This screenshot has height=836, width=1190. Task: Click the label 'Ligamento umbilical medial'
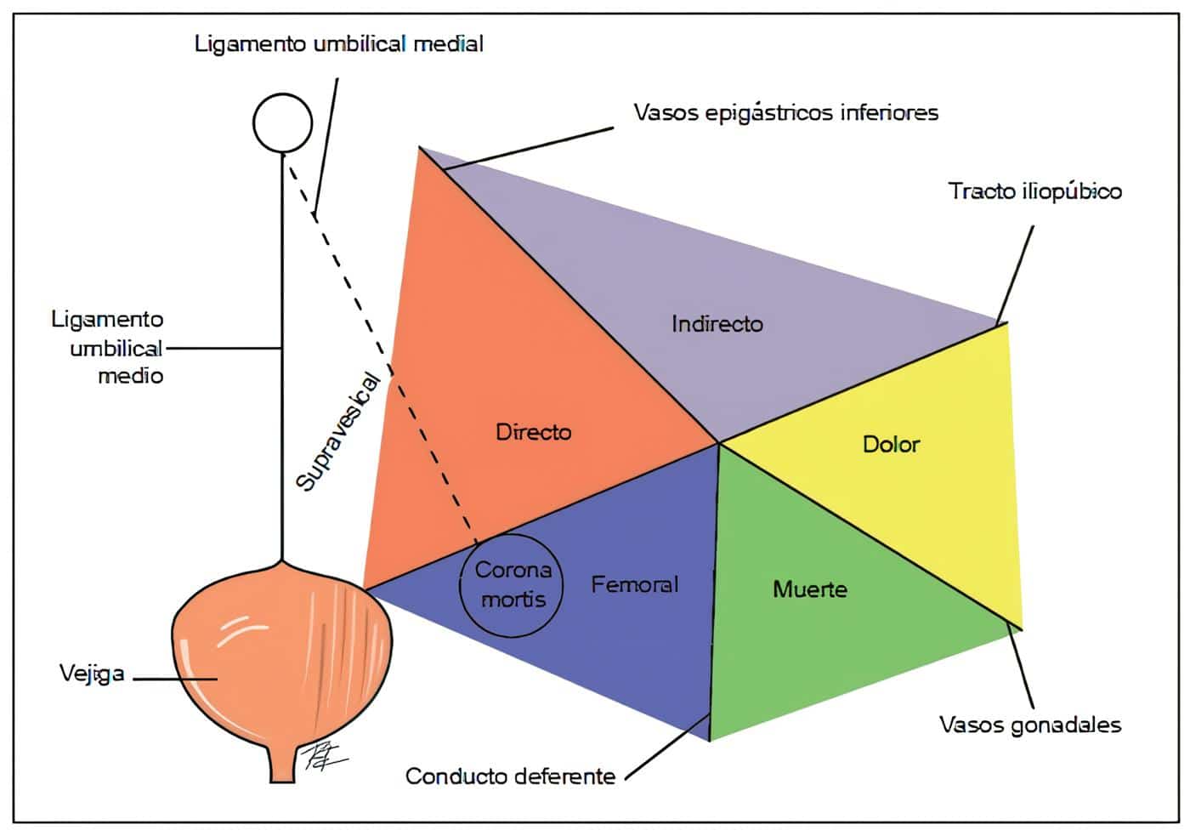pyautogui.click(x=338, y=43)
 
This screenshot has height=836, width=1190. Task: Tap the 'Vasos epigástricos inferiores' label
pyautogui.click(x=785, y=112)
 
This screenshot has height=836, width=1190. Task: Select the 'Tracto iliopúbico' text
pyautogui.click(x=1034, y=191)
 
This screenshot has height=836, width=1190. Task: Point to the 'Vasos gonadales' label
pyautogui.click(x=1029, y=725)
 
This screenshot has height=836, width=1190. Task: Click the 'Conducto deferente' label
pyautogui.click(x=510, y=776)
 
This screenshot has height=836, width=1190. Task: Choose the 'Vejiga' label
pyautogui.click(x=92, y=674)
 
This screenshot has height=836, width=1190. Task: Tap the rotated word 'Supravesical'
pyautogui.click(x=337, y=432)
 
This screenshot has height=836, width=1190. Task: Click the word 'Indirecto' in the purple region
pyautogui.click(x=717, y=324)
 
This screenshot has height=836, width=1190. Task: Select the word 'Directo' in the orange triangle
pyautogui.click(x=533, y=432)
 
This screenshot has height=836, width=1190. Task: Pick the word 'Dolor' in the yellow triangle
pyautogui.click(x=891, y=444)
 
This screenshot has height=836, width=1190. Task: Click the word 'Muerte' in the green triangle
pyautogui.click(x=809, y=589)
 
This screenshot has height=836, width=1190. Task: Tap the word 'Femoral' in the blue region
pyautogui.click(x=634, y=584)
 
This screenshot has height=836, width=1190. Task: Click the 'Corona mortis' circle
pyautogui.click(x=512, y=585)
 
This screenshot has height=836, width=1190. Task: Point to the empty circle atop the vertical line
pyautogui.click(x=282, y=123)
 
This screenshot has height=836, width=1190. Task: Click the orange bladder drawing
pyautogui.click(x=280, y=655)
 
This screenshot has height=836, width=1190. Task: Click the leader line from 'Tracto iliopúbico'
pyautogui.click(x=1016, y=272)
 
